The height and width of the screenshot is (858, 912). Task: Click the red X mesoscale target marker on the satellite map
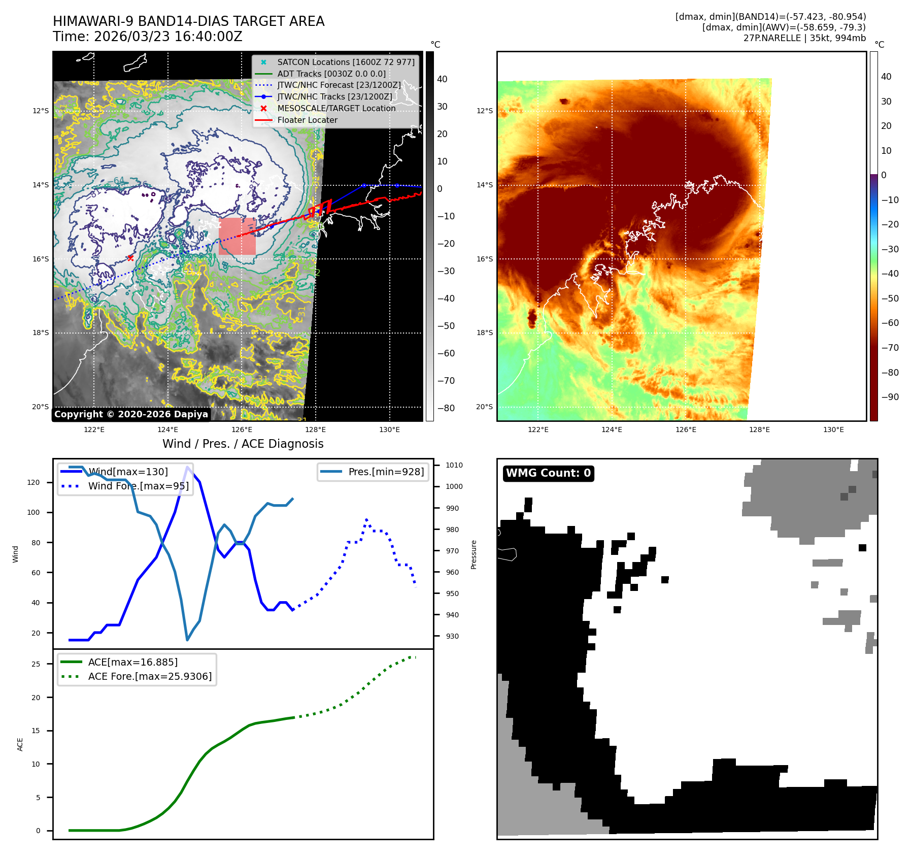(x=130, y=258)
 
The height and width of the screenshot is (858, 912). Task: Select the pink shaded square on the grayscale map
(x=237, y=237)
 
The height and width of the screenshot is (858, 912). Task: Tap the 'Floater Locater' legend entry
(x=307, y=120)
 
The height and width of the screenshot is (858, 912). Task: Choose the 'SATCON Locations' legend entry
(x=346, y=62)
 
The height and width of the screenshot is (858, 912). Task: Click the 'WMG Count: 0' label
(x=548, y=473)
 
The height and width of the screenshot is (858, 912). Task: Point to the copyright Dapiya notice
(x=131, y=414)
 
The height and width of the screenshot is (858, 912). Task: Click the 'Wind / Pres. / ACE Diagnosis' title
(x=243, y=444)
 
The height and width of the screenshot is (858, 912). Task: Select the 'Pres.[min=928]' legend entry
(x=386, y=472)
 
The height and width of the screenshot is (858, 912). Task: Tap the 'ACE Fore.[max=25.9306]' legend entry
(x=150, y=676)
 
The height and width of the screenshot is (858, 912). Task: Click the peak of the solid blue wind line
(x=188, y=467)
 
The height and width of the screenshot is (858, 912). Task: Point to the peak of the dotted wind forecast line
(x=366, y=520)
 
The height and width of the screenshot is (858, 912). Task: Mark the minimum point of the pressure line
(x=187, y=640)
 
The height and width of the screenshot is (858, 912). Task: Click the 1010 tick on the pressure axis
(x=454, y=465)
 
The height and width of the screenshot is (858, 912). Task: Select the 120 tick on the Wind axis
(x=33, y=482)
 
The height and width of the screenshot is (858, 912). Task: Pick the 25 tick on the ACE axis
(x=36, y=664)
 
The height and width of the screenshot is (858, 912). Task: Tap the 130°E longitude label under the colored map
(x=833, y=430)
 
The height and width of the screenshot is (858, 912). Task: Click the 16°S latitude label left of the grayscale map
(x=41, y=259)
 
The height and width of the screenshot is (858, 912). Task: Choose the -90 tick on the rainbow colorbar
(x=890, y=397)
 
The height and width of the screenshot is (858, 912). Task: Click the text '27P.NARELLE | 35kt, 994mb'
(x=804, y=38)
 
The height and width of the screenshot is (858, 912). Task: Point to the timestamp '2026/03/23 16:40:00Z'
(x=168, y=37)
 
